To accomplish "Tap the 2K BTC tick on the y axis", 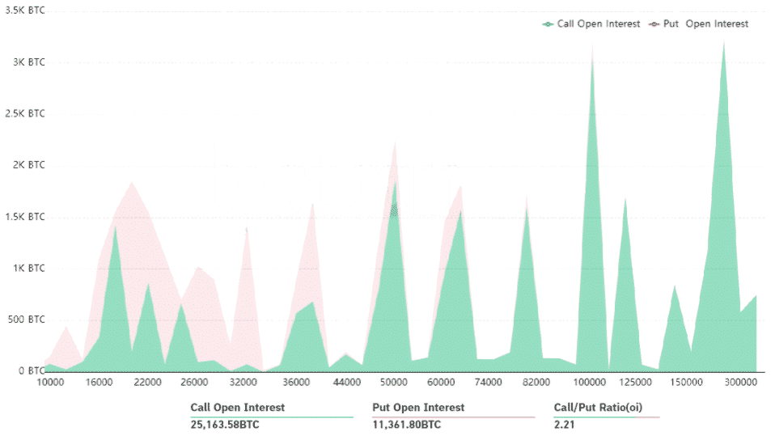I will [31, 165].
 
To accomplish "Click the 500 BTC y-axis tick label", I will [26, 320].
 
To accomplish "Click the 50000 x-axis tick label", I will [394, 382].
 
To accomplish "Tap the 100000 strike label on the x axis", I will [591, 382].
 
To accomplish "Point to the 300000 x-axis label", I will [739, 382].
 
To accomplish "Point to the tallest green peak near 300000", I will [723, 42].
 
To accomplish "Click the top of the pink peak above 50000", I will [395, 143].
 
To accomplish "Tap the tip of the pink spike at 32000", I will [247, 228].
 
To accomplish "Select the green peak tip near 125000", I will [625, 198].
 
